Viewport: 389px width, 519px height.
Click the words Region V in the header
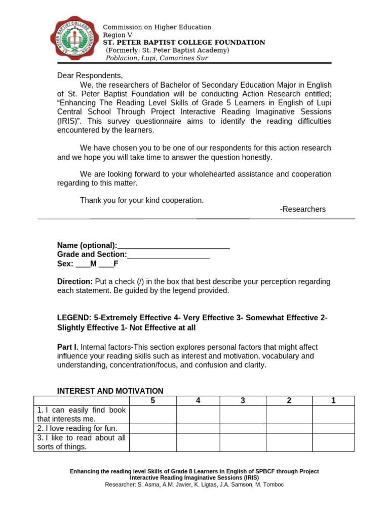pos(118,35)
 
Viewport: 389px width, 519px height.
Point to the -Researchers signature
pos(302,209)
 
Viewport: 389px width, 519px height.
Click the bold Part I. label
pos(68,347)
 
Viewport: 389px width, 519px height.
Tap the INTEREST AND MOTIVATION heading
pos(110,391)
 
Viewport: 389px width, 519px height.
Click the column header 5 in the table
pos(153,400)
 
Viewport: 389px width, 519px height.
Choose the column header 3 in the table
pos(243,400)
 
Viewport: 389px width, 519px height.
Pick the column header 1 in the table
pos(333,400)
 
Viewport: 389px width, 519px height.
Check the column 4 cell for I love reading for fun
pos(198,428)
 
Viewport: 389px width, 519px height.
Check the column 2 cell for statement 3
pos(289,442)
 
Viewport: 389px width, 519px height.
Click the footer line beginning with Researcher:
pos(194,485)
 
